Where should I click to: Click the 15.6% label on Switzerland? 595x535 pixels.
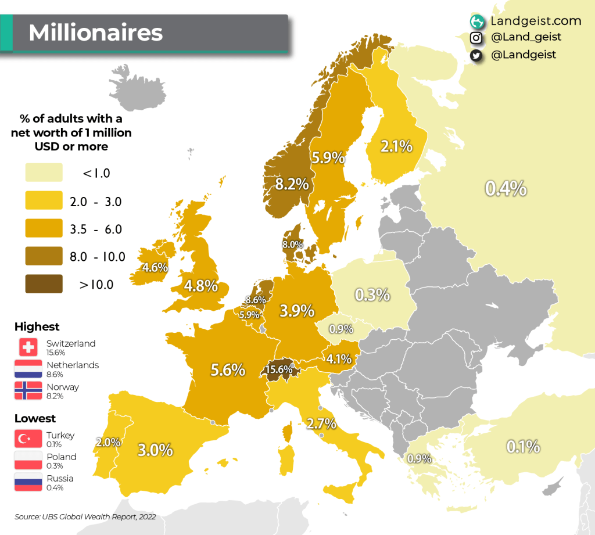point(279,369)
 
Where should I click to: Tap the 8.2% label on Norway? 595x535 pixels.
point(292,184)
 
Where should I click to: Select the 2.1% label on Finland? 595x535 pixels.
point(396,146)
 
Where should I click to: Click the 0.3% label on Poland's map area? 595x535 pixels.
point(372,295)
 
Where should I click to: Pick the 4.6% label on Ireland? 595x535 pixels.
point(155,268)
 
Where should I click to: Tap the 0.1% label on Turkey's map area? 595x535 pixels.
point(523,447)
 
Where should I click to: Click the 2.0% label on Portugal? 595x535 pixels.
point(108,443)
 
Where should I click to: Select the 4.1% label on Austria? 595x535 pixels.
point(338,358)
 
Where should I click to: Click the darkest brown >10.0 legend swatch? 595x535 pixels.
point(44,284)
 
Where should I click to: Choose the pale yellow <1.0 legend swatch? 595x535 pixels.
point(44,173)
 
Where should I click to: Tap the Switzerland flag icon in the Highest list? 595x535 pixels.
point(28,347)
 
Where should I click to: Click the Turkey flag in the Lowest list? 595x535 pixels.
point(28,439)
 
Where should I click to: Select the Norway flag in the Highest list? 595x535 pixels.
point(28,390)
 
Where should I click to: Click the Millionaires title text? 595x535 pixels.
point(96,33)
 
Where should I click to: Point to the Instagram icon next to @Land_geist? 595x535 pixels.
point(476,38)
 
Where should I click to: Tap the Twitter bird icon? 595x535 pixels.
point(476,55)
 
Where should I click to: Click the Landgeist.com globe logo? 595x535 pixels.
point(477,21)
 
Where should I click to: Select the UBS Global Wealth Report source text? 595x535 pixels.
point(85,516)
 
